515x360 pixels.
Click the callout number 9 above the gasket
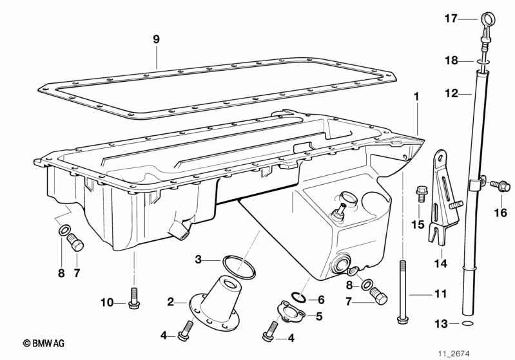pyautogui.click(x=156, y=39)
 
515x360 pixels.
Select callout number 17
pyautogui.click(x=450, y=19)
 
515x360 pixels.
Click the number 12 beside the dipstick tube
pyautogui.click(x=450, y=93)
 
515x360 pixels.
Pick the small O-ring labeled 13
pyautogui.click(x=471, y=323)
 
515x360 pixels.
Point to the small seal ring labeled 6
pyautogui.click(x=298, y=297)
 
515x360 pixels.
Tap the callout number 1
pyautogui.click(x=416, y=97)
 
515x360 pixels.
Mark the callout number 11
pyautogui.click(x=440, y=294)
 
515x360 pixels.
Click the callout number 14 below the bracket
pyautogui.click(x=440, y=263)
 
